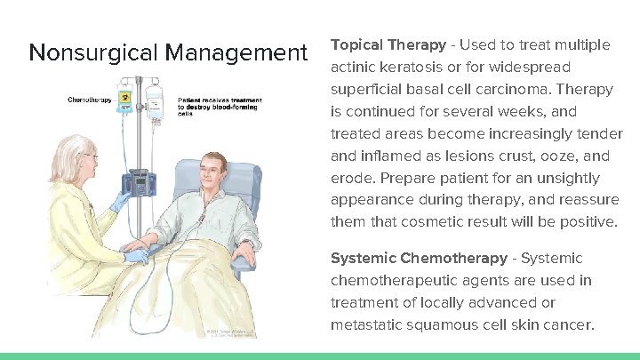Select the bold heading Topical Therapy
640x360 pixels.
388,44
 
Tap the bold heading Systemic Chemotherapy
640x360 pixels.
419,259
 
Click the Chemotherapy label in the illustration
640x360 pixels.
90,100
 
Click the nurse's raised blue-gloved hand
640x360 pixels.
120,203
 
